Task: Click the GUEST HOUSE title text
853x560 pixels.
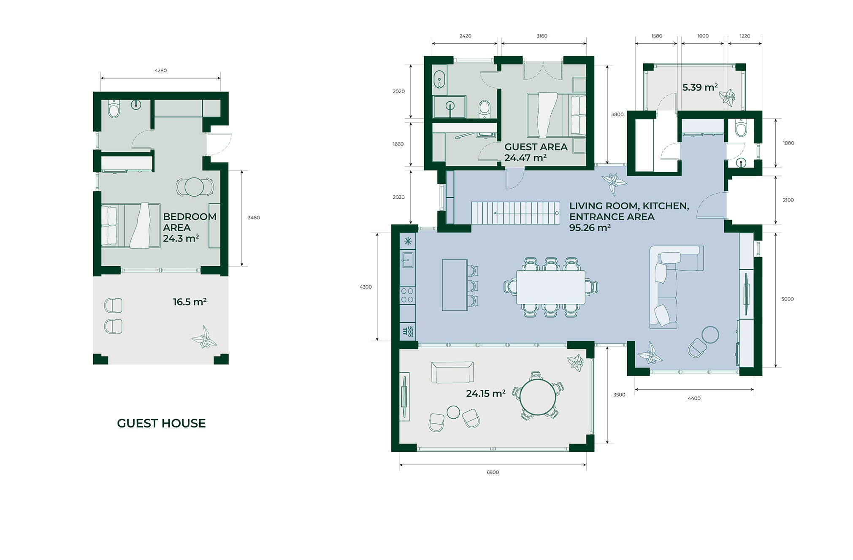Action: click(161, 423)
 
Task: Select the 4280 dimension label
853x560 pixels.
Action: click(160, 70)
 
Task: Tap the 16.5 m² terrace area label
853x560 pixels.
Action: click(190, 302)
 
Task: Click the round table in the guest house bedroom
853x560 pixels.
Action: click(194, 187)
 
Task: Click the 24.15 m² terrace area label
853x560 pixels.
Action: click(485, 394)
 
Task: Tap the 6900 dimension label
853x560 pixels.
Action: click(493, 472)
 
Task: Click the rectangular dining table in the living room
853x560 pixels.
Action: click(550, 287)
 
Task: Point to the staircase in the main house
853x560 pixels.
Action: click(515, 213)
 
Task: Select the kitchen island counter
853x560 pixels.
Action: click(455, 285)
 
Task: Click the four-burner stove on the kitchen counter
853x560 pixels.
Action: click(407, 295)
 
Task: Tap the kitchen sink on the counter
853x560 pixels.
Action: click(407, 260)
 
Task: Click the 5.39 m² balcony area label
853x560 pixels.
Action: click(700, 87)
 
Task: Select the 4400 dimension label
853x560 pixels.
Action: click(694, 398)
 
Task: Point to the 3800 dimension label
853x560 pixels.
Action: click(617, 114)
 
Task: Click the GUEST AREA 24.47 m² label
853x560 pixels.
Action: click(536, 152)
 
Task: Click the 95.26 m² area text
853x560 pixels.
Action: click(590, 228)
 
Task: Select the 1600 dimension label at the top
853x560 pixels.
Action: click(703, 36)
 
